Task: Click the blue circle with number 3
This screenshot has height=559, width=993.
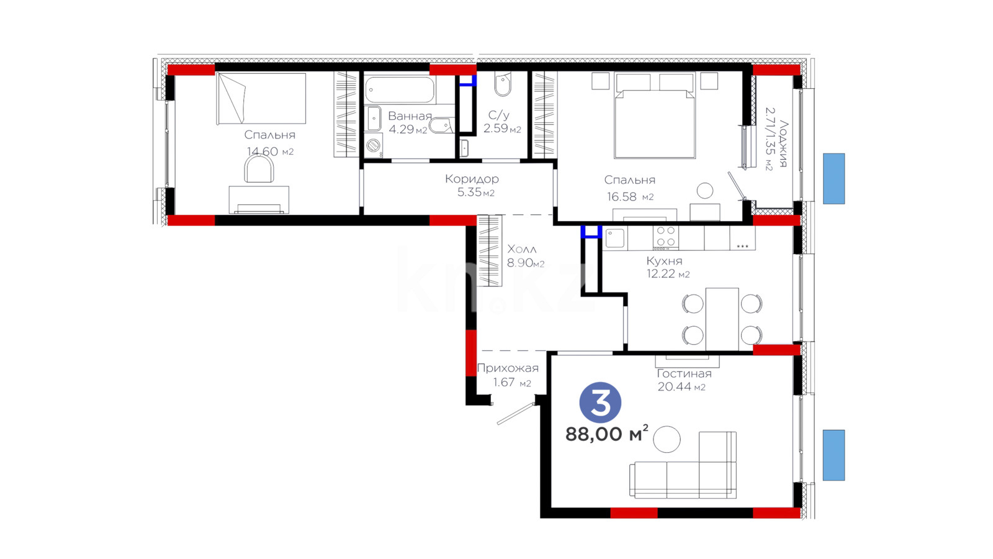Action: tap(600, 402)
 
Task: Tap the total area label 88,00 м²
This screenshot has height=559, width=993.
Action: tap(607, 434)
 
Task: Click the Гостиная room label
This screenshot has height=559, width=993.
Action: tap(684, 373)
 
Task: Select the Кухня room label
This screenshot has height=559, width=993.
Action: tap(664, 261)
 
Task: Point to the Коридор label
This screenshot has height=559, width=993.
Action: tap(472, 179)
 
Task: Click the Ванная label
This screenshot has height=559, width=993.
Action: tap(410, 116)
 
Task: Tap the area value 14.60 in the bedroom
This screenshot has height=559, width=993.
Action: tap(263, 152)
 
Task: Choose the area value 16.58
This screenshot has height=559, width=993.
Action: tap(621, 196)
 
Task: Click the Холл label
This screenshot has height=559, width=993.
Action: tap(522, 249)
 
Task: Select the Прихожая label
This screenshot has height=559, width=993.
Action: tap(508, 368)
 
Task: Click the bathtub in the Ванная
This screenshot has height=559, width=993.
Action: tap(400, 89)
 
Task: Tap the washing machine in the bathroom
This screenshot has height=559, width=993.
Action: tap(373, 145)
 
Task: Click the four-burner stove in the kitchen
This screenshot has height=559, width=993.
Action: tap(665, 237)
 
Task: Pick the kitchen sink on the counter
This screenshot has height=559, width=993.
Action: tap(615, 238)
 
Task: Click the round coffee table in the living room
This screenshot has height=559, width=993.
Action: tap(667, 439)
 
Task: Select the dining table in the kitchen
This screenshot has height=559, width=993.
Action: tap(722, 319)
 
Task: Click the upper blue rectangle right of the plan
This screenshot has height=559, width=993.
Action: tap(834, 179)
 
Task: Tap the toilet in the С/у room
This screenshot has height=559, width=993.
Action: tap(503, 85)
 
